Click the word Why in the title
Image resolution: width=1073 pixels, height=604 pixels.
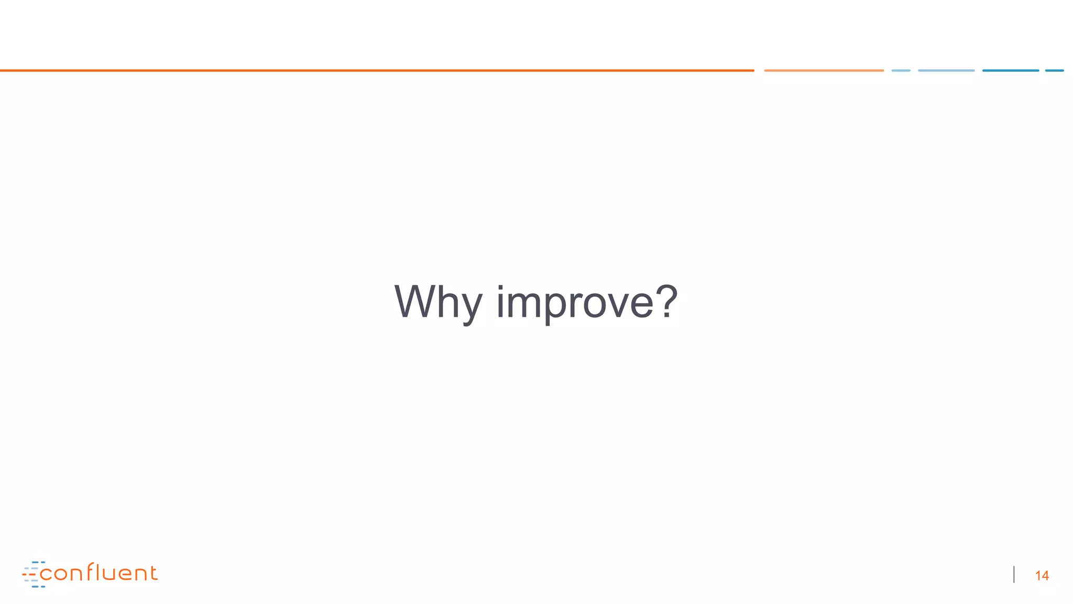[x=438, y=302]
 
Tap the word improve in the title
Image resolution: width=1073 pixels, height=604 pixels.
[x=575, y=302]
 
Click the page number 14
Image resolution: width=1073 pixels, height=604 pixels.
[x=1042, y=576]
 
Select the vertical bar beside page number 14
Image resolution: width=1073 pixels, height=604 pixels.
[x=1014, y=575]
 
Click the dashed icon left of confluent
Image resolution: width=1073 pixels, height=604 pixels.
[x=32, y=574]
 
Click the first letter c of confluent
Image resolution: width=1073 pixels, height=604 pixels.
[x=46, y=575]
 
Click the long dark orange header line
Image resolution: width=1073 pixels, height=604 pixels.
[x=377, y=70]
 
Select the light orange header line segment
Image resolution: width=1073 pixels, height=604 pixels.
[x=824, y=70]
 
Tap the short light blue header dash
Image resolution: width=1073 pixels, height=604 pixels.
[x=901, y=70]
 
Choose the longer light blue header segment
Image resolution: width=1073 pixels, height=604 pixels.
[x=946, y=70]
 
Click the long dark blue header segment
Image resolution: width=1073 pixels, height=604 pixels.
[x=1010, y=70]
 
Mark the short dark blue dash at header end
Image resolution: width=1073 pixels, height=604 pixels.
[x=1054, y=70]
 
